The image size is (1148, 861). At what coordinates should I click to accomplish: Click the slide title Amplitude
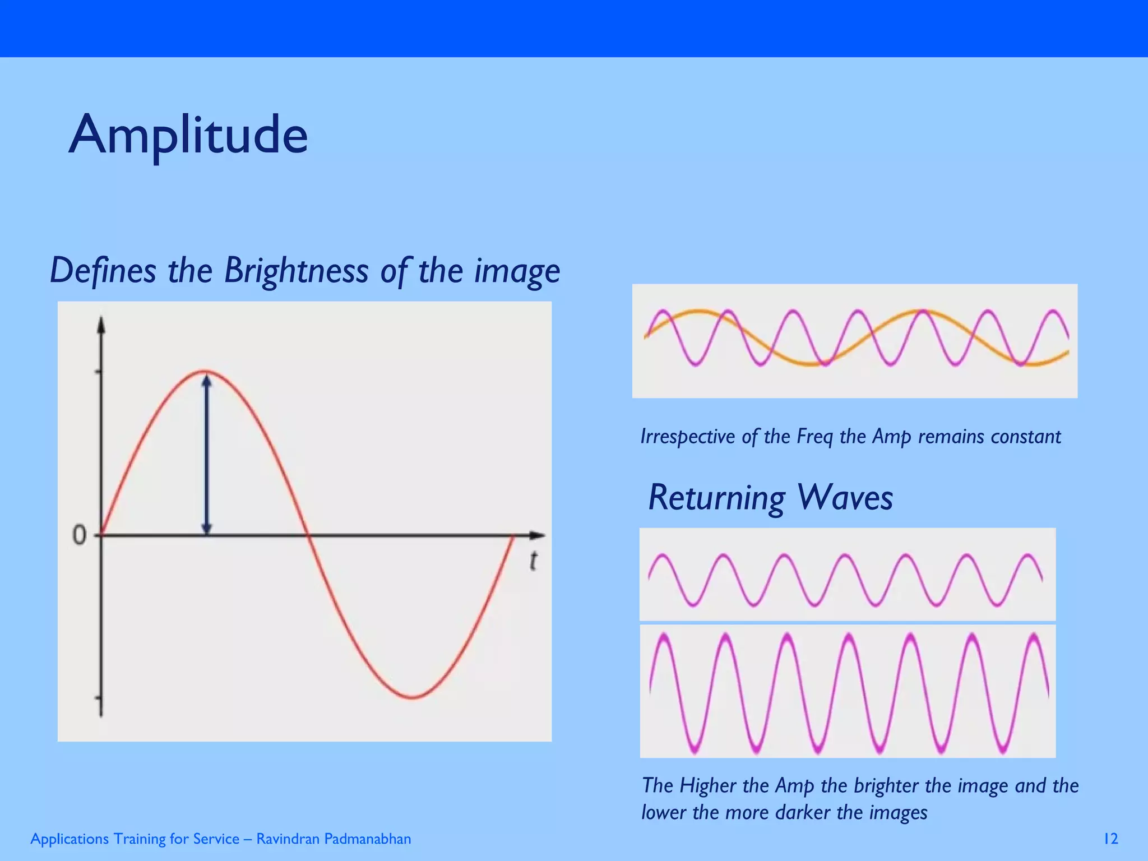[x=188, y=136]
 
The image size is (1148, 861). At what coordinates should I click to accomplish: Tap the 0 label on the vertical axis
[x=79, y=536]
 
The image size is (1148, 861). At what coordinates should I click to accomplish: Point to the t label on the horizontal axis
[x=534, y=561]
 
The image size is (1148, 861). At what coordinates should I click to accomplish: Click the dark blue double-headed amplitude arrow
[x=207, y=454]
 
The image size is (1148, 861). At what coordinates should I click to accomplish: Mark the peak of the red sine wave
[x=206, y=371]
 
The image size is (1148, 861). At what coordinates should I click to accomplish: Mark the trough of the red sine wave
[x=412, y=698]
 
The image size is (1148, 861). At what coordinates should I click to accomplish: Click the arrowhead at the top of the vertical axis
[x=101, y=325]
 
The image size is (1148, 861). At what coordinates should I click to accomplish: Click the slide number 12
[x=1110, y=839]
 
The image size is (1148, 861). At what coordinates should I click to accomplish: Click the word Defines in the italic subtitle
[x=103, y=271]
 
